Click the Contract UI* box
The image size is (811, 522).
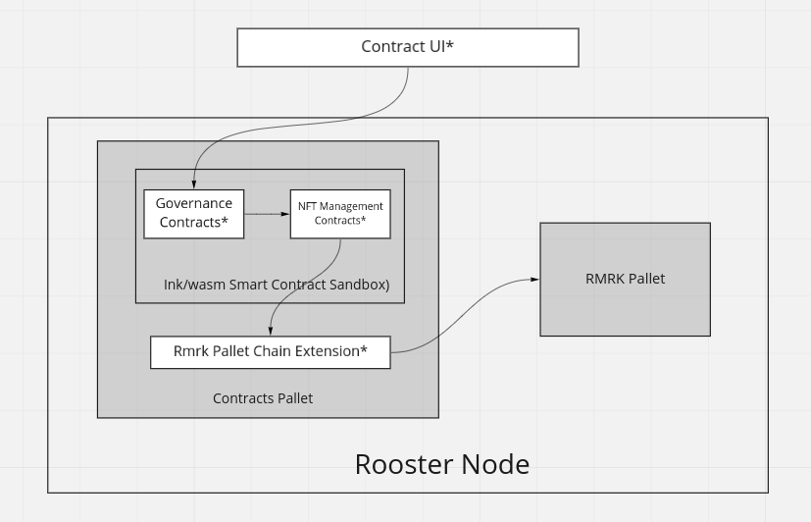point(408,47)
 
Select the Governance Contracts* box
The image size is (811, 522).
point(194,213)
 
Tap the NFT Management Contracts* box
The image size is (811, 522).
point(340,214)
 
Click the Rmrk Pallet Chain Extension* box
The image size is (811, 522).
point(270,351)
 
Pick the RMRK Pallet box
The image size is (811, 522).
point(625,279)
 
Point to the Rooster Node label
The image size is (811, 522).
point(441,464)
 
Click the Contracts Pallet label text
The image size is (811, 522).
point(263,398)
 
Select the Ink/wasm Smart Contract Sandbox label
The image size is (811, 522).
point(277,285)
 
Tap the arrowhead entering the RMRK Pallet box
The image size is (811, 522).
point(534,280)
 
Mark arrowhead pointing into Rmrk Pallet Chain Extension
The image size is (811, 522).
point(270,332)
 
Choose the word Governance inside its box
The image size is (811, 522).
point(194,203)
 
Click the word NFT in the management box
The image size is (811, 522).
point(307,207)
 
